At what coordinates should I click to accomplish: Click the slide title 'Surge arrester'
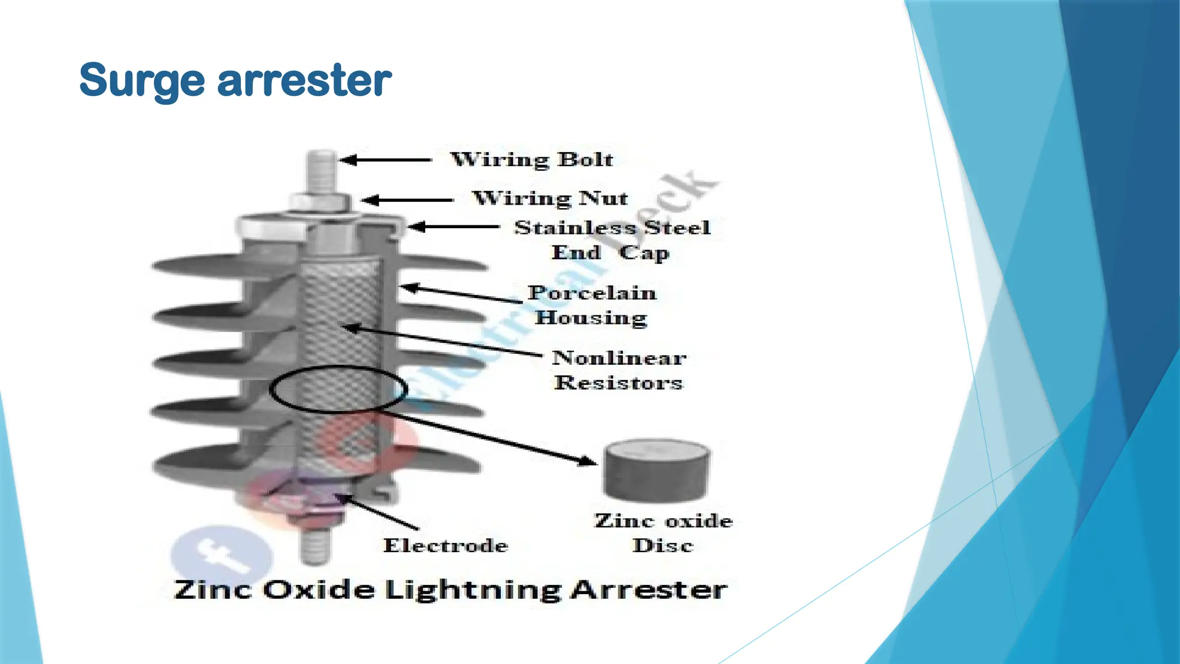(235, 80)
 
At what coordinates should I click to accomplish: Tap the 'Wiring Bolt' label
(531, 159)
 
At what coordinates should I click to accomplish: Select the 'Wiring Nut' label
(550, 198)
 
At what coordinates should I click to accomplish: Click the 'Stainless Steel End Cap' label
(611, 240)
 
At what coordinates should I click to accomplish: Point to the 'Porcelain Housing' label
(592, 305)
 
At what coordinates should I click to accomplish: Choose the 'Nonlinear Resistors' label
(619, 370)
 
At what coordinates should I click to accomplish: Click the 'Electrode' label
(445, 545)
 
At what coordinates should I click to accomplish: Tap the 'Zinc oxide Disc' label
(663, 533)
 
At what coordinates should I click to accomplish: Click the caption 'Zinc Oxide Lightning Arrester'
(450, 590)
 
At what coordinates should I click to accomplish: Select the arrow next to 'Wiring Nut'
(408, 200)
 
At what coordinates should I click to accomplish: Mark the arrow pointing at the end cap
(454, 227)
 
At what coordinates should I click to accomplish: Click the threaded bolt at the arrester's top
(322, 172)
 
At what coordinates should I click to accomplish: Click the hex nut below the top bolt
(320, 202)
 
